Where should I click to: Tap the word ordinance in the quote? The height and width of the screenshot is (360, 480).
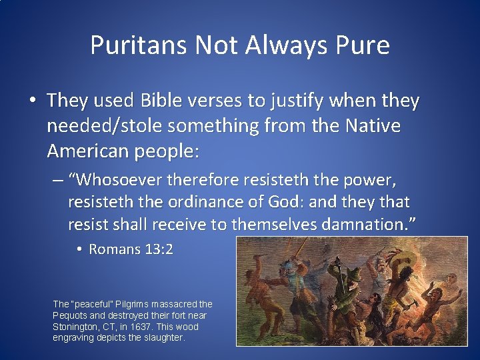[213, 202]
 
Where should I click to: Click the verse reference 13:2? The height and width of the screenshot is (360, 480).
[159, 249]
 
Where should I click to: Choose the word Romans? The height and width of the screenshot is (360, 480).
[115, 249]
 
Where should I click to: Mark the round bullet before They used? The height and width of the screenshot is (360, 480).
[31, 101]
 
